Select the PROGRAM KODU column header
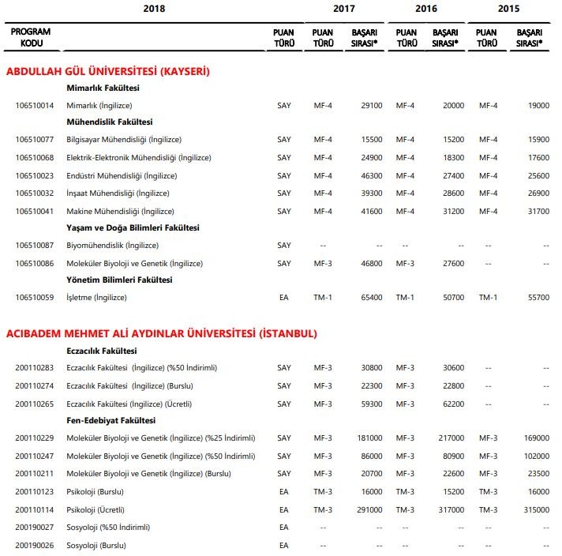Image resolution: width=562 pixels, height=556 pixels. tap(32, 37)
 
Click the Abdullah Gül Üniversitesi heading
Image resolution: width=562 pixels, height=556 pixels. tap(108, 72)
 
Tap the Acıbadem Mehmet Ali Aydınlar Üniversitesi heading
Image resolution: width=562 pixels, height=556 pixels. tap(162, 333)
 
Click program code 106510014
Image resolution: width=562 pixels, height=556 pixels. tap(35, 105)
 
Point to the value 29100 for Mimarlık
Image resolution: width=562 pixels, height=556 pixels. tap(371, 105)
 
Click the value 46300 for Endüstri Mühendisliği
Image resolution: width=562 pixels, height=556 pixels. tap(371, 175)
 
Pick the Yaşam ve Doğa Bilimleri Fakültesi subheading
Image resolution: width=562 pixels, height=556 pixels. tap(133, 227)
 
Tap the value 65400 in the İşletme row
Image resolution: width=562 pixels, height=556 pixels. tap(371, 298)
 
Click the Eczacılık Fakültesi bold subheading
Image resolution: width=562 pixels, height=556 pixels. tap(103, 351)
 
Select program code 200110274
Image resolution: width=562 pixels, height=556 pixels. tap(35, 385)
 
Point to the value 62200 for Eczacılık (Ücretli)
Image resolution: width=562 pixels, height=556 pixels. tap(453, 403)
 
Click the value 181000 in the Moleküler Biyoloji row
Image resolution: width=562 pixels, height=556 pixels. tap(369, 438)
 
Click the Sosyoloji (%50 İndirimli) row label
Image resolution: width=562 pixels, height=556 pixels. tap(108, 527)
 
